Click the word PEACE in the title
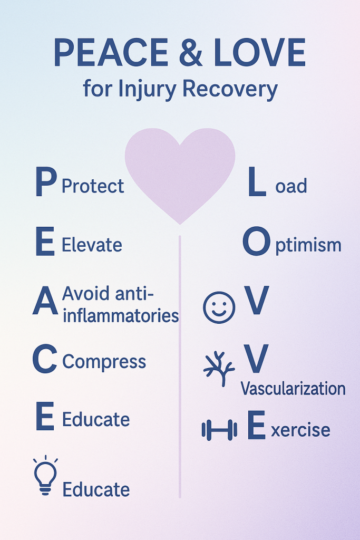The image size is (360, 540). coord(111,52)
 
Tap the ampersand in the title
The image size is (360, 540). coord(191,52)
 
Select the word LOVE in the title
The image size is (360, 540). coord(259,52)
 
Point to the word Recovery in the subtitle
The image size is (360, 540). coord(230,89)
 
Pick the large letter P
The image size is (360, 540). coord(46,181)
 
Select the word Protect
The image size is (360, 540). coord(93,186)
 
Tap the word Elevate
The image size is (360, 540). coord(92,245)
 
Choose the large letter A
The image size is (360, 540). coord(45,301)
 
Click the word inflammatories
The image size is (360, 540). coord(121,315)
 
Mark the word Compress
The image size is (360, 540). coord(104,362)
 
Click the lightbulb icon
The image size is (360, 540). coord(45,475)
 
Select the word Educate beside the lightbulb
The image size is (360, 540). coord(96,489)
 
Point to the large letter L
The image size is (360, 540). coord(257,181)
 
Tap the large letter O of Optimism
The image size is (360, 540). coord(256,241)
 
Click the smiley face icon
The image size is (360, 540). coord(219,307)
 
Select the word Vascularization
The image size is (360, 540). coord(293,389)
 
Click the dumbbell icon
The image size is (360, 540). coord(220,430)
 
